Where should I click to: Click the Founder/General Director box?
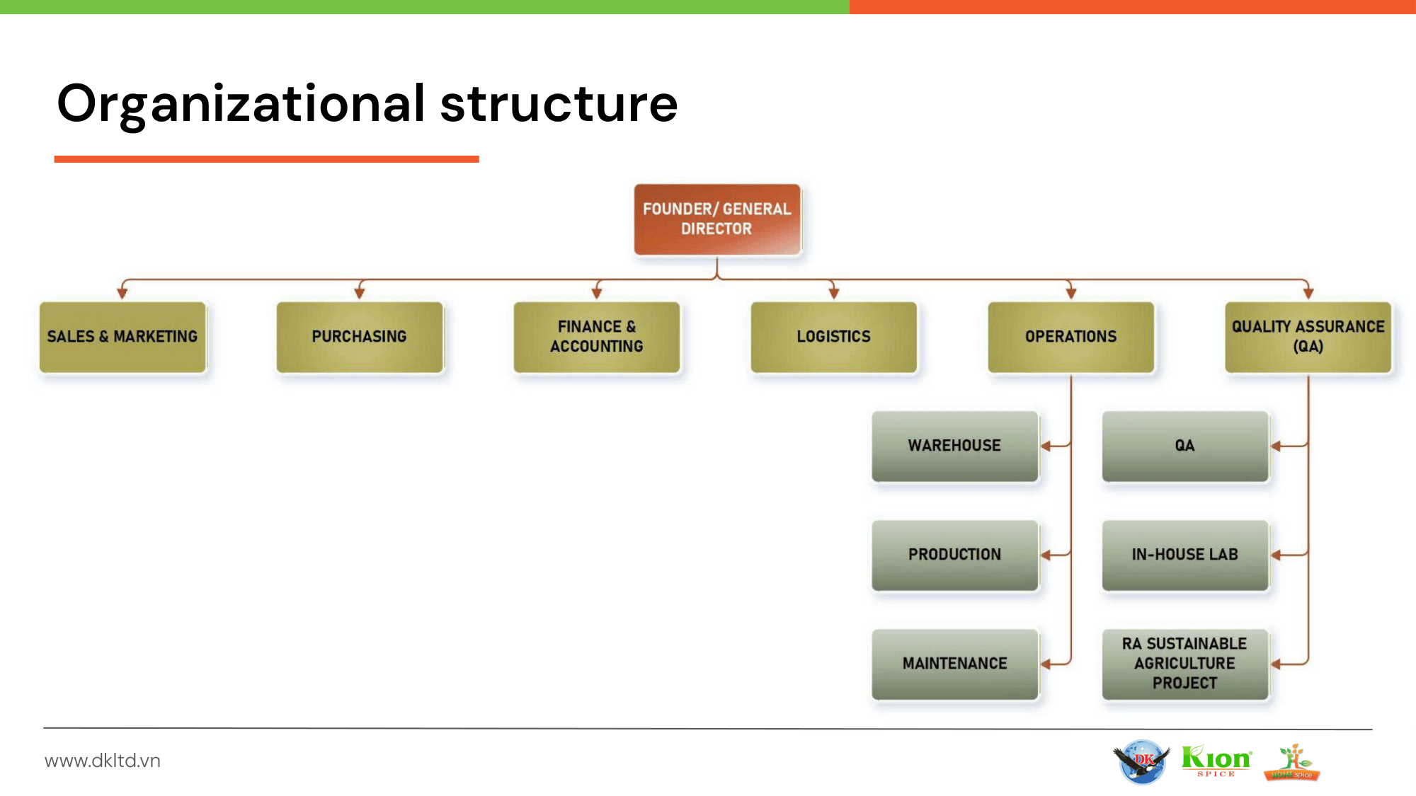click(x=716, y=219)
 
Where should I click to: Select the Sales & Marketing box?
click(x=122, y=337)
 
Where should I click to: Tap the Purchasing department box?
click(x=360, y=337)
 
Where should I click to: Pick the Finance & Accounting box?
click(x=597, y=337)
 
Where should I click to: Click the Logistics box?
click(x=833, y=337)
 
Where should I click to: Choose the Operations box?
click(x=1070, y=337)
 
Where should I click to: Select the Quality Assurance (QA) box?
click(x=1308, y=337)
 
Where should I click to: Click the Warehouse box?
click(x=954, y=446)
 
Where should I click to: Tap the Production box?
click(x=954, y=555)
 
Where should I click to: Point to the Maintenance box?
click(x=954, y=664)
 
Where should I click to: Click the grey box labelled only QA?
click(x=1184, y=446)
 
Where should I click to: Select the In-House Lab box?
click(x=1184, y=555)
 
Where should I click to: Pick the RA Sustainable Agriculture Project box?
click(x=1184, y=664)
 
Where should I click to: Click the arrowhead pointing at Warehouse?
click(x=1046, y=446)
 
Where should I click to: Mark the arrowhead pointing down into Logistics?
click(x=834, y=293)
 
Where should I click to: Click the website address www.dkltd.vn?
click(x=103, y=761)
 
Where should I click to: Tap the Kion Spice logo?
click(x=1216, y=761)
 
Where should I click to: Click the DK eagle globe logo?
click(x=1141, y=761)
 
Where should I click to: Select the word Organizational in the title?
click(x=241, y=104)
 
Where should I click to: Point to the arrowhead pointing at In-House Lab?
click(x=1276, y=555)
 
